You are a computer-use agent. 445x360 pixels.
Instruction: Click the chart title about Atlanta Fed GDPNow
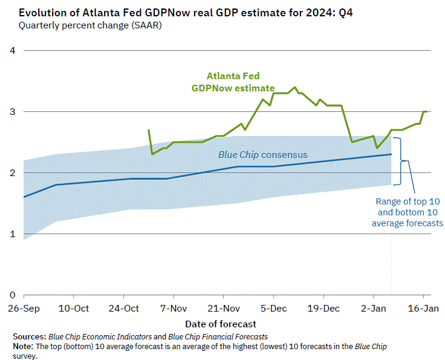(x=181, y=13)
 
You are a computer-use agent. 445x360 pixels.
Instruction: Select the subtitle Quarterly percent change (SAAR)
(x=90, y=25)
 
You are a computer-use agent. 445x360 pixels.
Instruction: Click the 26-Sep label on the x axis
(x=24, y=308)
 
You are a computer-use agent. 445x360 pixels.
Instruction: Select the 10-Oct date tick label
(x=73, y=308)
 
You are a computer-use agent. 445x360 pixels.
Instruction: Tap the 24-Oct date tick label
(x=123, y=308)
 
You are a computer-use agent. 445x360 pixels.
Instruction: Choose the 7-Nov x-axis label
(x=174, y=308)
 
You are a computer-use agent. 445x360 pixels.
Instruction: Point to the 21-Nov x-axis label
(x=223, y=308)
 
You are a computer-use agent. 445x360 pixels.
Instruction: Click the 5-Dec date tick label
(x=273, y=308)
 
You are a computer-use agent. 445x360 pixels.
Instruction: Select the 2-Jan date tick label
(x=373, y=308)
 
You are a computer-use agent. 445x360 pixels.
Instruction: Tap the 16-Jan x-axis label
(x=423, y=308)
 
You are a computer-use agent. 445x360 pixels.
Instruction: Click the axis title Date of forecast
(x=221, y=324)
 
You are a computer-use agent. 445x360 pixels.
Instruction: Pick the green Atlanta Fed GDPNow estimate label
(x=233, y=82)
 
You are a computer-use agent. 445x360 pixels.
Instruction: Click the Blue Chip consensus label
(x=262, y=155)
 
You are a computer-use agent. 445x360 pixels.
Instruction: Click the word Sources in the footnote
(x=28, y=336)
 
